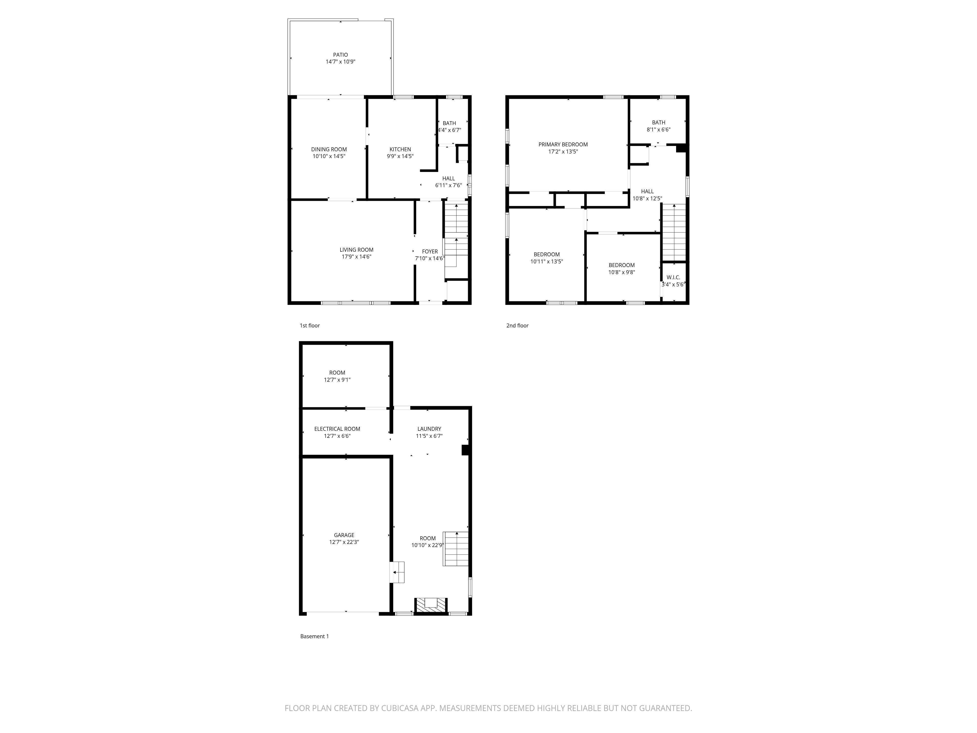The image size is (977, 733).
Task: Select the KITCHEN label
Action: (x=400, y=149)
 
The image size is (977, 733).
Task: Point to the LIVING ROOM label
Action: (x=356, y=250)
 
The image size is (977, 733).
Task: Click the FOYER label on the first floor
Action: (x=429, y=251)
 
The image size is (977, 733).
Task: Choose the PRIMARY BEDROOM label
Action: (x=563, y=144)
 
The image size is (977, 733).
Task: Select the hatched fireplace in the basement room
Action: (x=431, y=605)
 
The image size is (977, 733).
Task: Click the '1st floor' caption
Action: (x=310, y=326)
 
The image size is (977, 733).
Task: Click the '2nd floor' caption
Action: (x=517, y=326)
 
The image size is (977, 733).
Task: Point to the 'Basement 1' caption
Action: (x=315, y=636)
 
